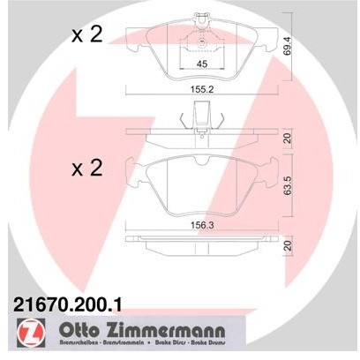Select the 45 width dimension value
click(x=200, y=64)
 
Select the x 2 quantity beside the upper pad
click(x=88, y=36)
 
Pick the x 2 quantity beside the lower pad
click(x=88, y=170)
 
